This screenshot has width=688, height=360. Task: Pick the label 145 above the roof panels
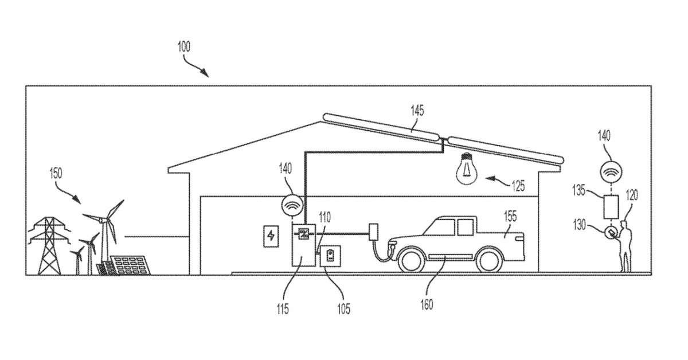click(417, 111)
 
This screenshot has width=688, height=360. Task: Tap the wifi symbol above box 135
click(612, 171)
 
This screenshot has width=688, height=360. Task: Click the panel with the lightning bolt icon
click(271, 236)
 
